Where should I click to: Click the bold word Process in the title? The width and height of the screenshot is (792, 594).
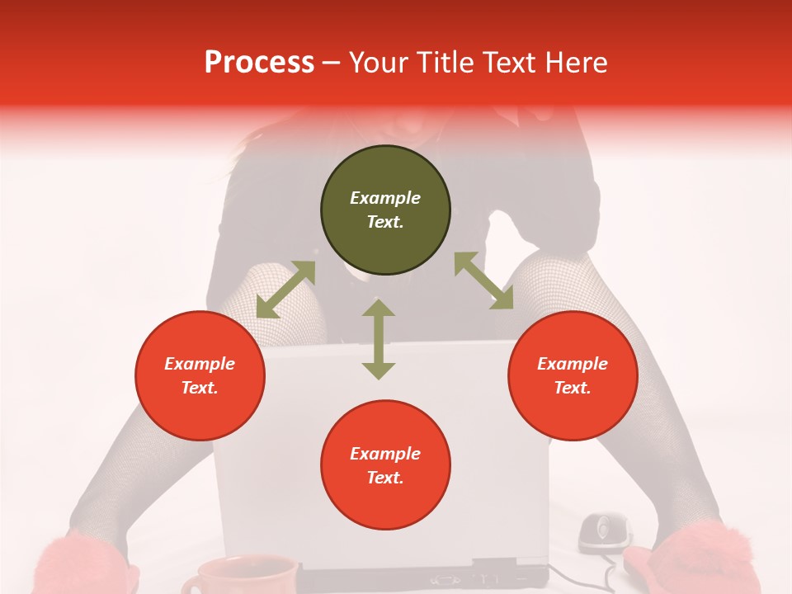259,63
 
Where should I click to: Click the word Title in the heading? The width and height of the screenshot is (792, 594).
441,63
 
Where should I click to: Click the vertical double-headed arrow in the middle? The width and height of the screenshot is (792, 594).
379,339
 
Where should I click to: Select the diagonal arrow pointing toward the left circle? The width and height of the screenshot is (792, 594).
285,290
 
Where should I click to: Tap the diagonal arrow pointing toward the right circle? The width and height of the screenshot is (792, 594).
483,281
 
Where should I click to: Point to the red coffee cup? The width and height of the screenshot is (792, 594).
239,575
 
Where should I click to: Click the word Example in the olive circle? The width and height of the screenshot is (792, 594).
385,198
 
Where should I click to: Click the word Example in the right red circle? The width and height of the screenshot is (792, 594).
573,364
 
